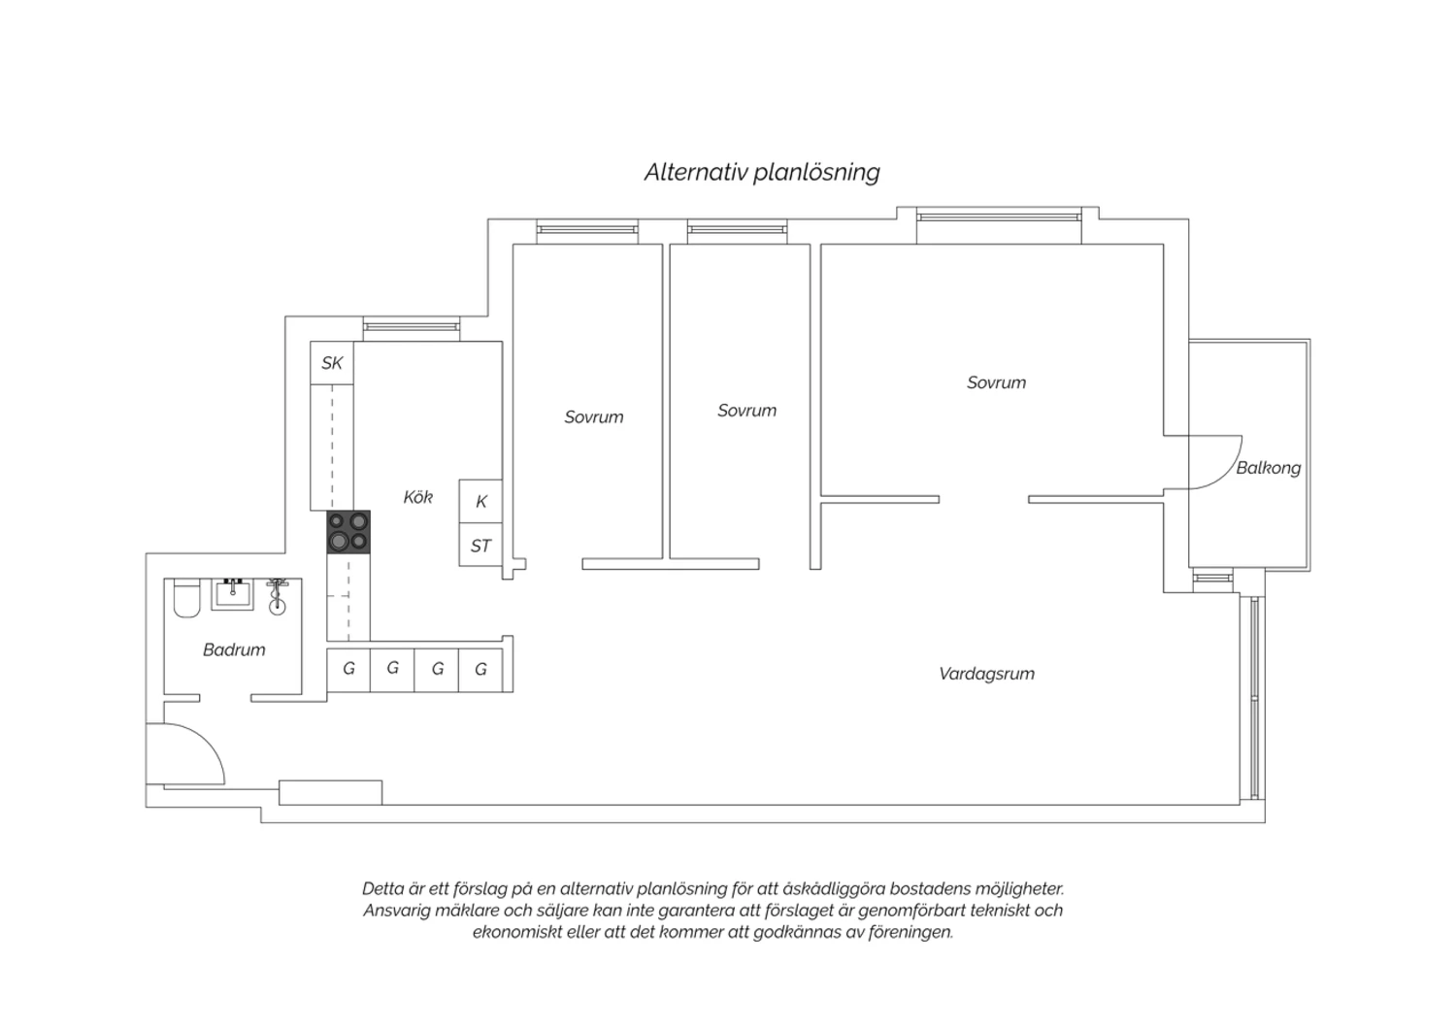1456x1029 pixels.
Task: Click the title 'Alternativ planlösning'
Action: click(x=762, y=172)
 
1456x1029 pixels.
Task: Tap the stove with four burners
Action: click(x=348, y=532)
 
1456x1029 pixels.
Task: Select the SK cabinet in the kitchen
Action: click(x=332, y=363)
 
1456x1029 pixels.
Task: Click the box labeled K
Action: click(x=481, y=501)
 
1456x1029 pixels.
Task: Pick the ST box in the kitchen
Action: click(x=481, y=545)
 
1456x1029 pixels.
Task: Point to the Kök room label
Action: click(x=418, y=497)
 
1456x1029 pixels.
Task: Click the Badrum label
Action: click(x=234, y=649)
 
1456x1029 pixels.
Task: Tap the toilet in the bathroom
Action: click(x=186, y=598)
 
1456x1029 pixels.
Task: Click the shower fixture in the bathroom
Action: click(x=278, y=597)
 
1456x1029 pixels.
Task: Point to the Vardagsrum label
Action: click(x=987, y=674)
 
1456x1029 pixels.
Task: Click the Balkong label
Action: click(x=1268, y=468)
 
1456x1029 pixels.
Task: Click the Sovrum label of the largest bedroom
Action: click(x=997, y=382)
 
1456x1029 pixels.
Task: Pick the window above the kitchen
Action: click(x=412, y=328)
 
